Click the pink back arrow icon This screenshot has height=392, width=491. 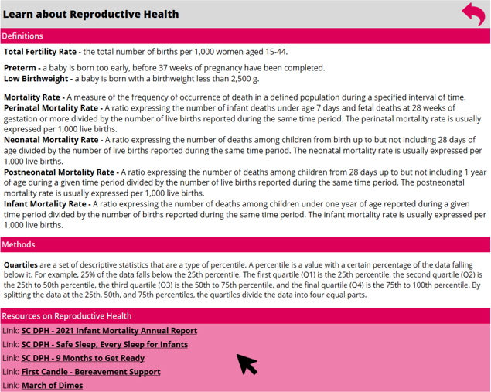472,13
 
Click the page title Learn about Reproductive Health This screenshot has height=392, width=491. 91,14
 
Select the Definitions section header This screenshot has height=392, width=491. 22,36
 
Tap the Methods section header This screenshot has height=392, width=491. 19,245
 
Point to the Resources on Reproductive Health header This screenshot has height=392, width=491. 66,316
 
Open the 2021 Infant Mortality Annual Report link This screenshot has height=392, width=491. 109,331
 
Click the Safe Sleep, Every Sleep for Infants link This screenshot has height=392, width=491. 104,345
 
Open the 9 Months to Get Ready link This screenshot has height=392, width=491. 83,358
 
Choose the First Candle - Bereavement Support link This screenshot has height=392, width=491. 90,372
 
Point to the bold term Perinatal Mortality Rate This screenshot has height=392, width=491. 52,108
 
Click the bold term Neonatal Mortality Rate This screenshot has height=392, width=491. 50,140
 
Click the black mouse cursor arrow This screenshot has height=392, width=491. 246,363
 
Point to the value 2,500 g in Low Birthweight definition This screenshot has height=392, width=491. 244,79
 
